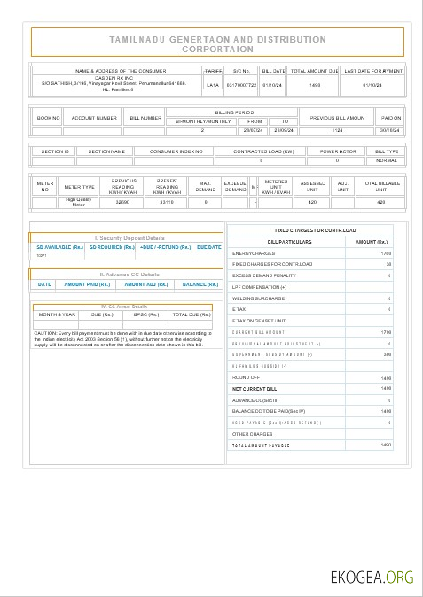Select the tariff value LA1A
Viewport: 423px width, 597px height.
click(213, 85)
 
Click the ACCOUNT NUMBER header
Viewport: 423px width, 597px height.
click(94, 118)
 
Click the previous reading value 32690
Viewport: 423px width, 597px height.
click(123, 203)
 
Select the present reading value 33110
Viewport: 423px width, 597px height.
click(167, 203)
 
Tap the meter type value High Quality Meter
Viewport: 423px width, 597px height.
click(80, 202)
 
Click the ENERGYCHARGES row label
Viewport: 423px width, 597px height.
click(252, 253)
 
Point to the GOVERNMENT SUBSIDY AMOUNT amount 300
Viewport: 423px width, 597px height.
click(387, 354)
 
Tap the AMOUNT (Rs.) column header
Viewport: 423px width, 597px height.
click(372, 242)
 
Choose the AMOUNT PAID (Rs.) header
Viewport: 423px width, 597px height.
click(87, 284)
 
